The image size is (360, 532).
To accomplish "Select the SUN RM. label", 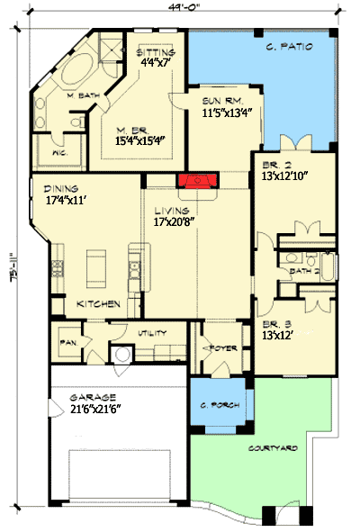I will (218, 101).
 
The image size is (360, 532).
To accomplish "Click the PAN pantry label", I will (67, 343).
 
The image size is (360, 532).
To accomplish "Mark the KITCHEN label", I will (98, 304).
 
